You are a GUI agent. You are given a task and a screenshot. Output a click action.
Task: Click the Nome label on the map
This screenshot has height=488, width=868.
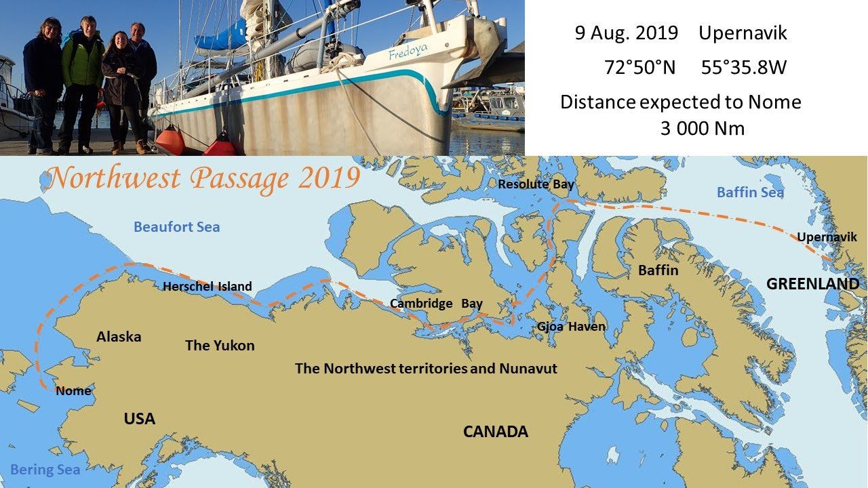[x=73, y=390]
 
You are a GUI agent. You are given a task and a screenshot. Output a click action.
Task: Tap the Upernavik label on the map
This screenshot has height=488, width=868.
[x=827, y=237]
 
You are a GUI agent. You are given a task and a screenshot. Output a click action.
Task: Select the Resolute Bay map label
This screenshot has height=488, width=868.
[x=536, y=184]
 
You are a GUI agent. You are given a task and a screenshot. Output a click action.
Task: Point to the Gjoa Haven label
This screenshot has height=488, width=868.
[x=571, y=327]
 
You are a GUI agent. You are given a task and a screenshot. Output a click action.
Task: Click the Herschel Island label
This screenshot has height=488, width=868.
[x=207, y=287]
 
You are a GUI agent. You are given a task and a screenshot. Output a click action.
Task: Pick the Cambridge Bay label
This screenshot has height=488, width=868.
[x=436, y=304]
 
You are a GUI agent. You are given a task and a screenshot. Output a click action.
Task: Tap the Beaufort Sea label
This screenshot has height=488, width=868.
[x=176, y=227]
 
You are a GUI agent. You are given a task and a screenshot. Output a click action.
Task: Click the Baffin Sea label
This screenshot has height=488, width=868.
[x=750, y=192]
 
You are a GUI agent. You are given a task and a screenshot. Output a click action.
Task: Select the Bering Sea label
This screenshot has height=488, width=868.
[x=45, y=470]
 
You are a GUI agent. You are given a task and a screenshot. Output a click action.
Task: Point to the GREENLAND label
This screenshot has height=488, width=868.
[x=812, y=284]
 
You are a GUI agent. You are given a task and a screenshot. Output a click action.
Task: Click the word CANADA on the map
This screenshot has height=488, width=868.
[x=495, y=432]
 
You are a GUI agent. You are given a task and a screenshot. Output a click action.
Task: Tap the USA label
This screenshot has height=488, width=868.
[x=139, y=419]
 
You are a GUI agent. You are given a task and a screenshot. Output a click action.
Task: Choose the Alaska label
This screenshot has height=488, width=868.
[x=119, y=337]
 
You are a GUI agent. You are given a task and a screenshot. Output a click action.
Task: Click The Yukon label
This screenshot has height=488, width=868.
[x=220, y=346]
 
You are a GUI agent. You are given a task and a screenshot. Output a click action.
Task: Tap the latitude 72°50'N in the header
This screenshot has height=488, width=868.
[x=639, y=68]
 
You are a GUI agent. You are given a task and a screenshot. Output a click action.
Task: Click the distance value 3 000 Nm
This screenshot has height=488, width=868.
[x=702, y=129]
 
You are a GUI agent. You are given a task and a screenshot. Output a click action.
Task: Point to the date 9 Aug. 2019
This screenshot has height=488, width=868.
[x=626, y=33]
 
